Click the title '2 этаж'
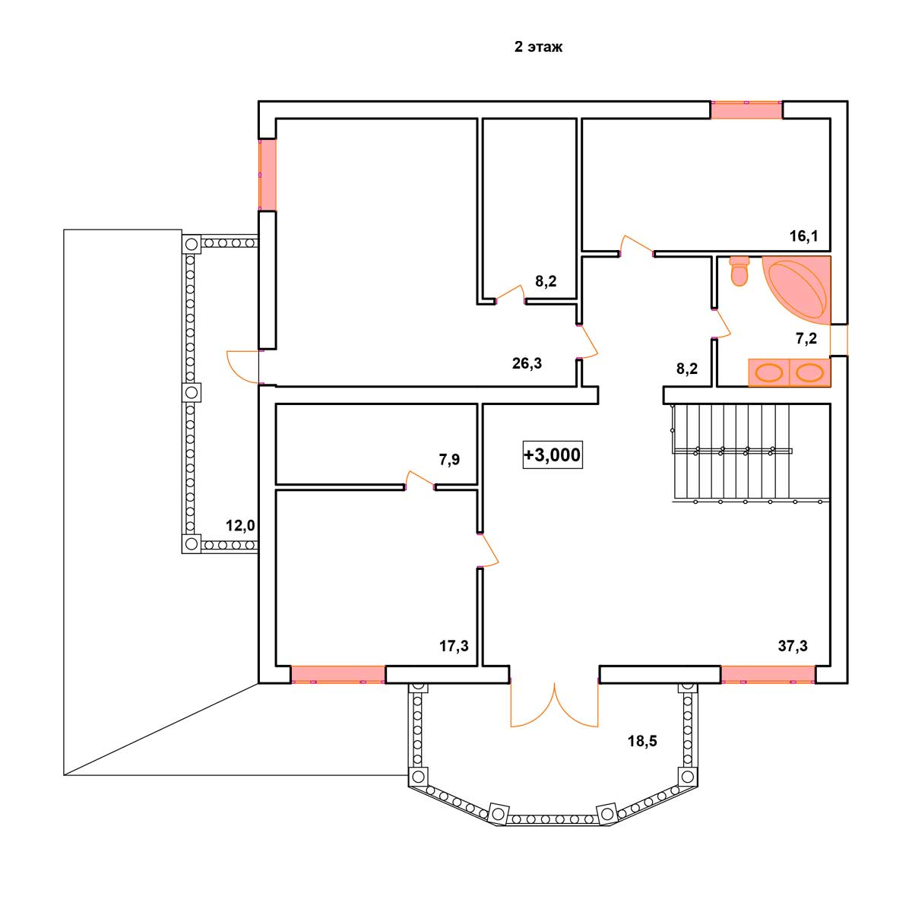coord(538,47)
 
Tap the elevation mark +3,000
coord(553,454)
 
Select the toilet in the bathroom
coord(738,271)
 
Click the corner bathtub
coord(797,290)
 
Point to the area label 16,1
coord(803,236)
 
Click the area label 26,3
coord(527,363)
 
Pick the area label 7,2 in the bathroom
coord(806,338)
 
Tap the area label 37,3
coord(793,645)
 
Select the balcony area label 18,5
coord(642,741)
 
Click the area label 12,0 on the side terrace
coord(240,525)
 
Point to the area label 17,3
coord(454,645)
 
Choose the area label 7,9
coord(449,459)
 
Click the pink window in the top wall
coord(746,109)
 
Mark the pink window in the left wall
coord(268,175)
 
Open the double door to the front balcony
coord(554,704)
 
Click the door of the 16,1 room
coord(637,246)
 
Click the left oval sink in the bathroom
coord(769,372)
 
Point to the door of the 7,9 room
coord(420,480)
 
